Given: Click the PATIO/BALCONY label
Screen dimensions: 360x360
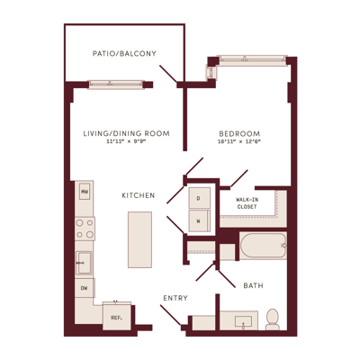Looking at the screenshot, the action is [x=124, y=54].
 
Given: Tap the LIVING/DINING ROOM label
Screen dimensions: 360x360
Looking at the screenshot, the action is [x=126, y=133].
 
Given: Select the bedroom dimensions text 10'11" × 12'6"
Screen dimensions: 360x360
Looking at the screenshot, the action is [x=239, y=142].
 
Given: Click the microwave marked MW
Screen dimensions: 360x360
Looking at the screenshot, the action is [x=85, y=192].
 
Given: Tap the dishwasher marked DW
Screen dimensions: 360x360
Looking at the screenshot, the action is [x=85, y=288].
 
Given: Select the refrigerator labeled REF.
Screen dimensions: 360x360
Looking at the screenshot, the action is [x=117, y=316].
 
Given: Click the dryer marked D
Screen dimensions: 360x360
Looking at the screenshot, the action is [x=199, y=198].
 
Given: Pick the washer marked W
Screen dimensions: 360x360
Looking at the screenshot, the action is [x=199, y=220].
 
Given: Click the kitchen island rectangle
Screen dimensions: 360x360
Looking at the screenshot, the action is [x=139, y=239].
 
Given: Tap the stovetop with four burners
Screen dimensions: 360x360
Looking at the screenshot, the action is [x=85, y=229].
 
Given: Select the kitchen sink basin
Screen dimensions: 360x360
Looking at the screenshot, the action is [x=84, y=263].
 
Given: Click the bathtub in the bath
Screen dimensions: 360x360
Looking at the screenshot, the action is [x=263, y=246].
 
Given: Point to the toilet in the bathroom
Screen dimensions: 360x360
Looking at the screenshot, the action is [x=273, y=319].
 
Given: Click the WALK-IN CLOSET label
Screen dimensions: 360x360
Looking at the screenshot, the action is [x=247, y=203].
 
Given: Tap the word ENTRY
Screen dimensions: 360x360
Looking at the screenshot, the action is [x=175, y=298].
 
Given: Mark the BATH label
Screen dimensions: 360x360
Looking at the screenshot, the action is [x=254, y=285].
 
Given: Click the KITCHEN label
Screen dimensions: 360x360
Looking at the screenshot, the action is [x=139, y=195].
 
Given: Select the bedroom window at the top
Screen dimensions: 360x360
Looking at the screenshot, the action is [x=252, y=59].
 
